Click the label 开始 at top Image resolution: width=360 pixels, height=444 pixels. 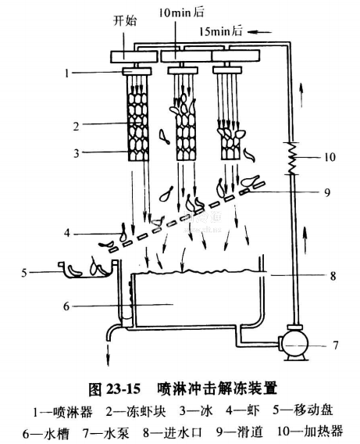[125, 21]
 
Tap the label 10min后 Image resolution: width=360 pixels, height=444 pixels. [181, 13]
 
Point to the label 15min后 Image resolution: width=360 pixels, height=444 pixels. [221, 30]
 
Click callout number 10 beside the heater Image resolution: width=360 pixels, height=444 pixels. [330, 157]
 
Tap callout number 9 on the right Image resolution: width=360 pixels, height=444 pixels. [327, 192]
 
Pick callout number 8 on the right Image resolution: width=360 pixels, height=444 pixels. [333, 275]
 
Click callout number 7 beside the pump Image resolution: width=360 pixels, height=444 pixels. [335, 346]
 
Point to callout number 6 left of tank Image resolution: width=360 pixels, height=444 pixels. [66, 306]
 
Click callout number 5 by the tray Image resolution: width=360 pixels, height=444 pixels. [24, 273]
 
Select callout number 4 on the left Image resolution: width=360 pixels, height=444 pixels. [66, 233]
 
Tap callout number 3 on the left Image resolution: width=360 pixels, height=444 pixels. [77, 153]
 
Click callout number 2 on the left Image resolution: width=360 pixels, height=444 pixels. [76, 127]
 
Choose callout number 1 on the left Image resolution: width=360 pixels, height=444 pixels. [66, 73]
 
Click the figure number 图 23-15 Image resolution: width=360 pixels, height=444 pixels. [115, 389]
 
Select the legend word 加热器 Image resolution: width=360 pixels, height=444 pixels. [323, 431]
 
